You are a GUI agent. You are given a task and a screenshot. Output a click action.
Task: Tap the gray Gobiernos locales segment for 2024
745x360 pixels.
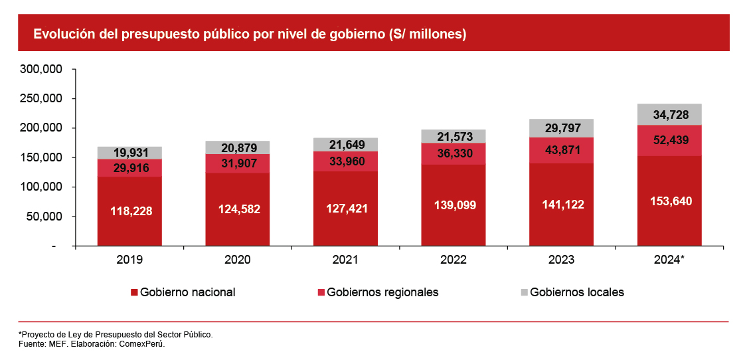[x=669, y=115]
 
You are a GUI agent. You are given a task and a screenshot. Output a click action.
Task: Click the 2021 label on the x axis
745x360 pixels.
[x=345, y=260]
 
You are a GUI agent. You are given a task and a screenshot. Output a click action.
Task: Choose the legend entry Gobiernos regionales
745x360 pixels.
[x=382, y=292]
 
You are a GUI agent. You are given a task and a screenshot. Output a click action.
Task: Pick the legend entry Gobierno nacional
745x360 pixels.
[x=187, y=292]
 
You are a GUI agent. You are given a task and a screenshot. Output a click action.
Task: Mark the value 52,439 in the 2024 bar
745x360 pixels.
[x=669, y=140]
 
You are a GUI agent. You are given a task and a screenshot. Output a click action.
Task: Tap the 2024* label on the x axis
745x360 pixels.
[x=669, y=260]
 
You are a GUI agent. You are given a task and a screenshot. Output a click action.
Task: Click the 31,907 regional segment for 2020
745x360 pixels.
[x=238, y=163]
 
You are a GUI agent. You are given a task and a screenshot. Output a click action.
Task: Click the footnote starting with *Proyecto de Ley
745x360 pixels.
[x=116, y=334]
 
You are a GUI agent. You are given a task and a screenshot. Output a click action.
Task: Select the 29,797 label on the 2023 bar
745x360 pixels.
[x=562, y=128]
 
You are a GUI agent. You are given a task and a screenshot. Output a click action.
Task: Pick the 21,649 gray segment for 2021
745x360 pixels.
[x=345, y=145]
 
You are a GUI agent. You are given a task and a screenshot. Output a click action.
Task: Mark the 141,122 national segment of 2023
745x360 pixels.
[x=562, y=205]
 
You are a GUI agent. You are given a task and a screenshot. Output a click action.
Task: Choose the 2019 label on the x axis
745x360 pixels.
[x=129, y=260]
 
